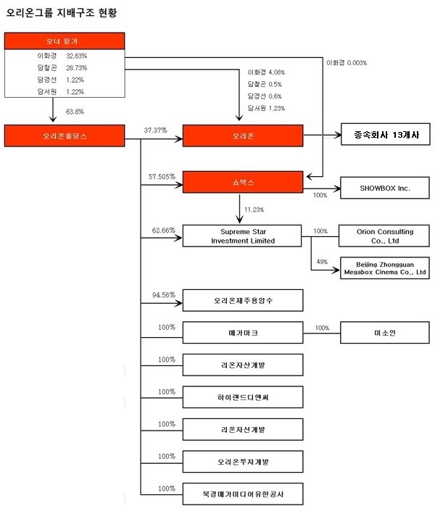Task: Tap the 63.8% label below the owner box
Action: click(75, 112)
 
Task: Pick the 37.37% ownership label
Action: click(155, 130)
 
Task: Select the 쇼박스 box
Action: click(242, 182)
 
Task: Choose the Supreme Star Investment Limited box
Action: click(242, 236)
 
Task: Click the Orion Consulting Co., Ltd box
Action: click(384, 236)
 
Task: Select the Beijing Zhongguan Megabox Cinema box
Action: click(384, 267)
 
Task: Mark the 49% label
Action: click(322, 262)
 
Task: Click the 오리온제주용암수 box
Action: click(242, 300)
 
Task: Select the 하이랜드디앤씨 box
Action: click(242, 397)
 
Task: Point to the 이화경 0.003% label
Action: click(347, 63)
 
